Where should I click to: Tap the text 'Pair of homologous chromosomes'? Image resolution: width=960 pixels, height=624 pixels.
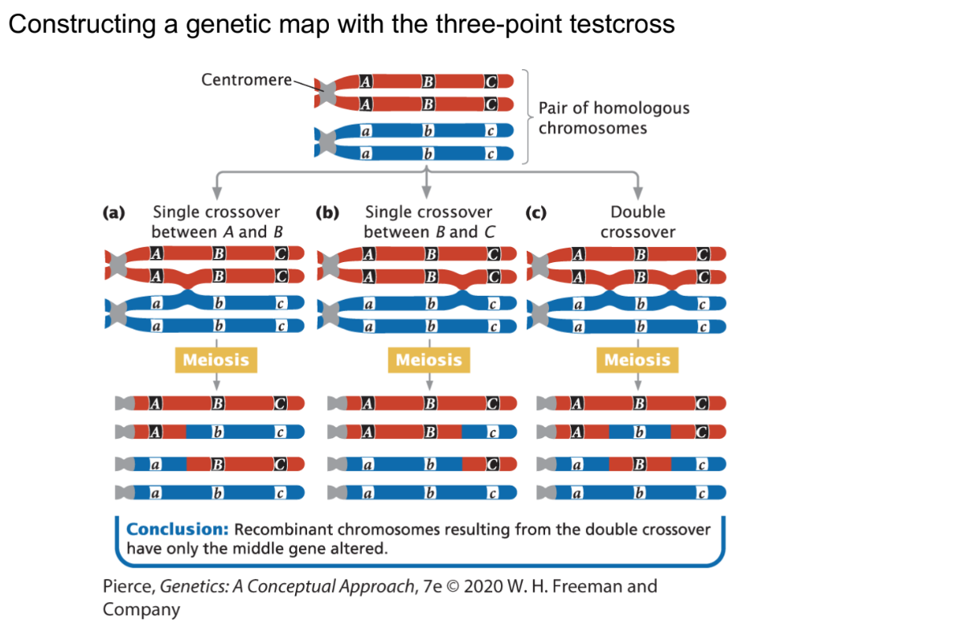coord(613,117)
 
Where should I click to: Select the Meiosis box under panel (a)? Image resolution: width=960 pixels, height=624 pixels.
coord(215,359)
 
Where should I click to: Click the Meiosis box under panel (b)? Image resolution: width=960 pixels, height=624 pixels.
coord(429,359)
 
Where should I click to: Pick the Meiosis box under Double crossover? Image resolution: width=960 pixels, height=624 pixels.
coord(637,359)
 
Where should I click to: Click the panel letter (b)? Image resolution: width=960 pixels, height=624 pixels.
coord(326,212)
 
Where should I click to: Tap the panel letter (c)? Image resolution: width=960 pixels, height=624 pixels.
coord(535,212)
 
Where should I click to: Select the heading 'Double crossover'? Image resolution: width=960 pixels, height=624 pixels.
coord(638,222)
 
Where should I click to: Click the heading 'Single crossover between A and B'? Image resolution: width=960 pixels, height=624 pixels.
coord(216,222)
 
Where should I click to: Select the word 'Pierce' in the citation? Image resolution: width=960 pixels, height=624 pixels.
coord(129,585)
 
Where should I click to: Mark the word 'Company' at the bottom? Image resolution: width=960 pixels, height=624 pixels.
coord(142,610)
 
